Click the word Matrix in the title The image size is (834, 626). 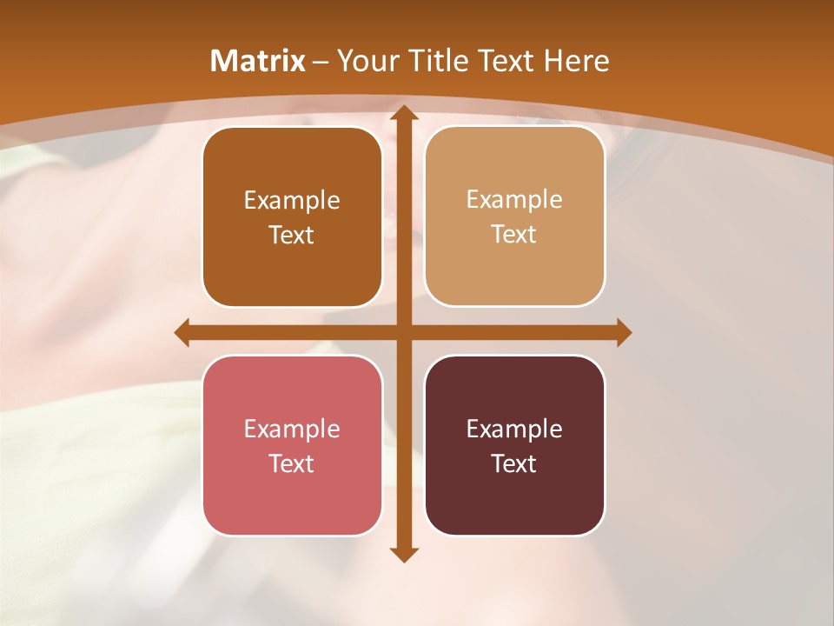pyautogui.click(x=258, y=61)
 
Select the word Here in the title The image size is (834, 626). pyautogui.click(x=576, y=61)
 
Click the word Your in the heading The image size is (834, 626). pyautogui.click(x=364, y=61)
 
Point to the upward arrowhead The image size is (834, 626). pyautogui.click(x=404, y=113)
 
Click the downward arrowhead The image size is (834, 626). pyautogui.click(x=404, y=554)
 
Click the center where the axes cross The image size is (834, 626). pyautogui.click(x=404, y=332)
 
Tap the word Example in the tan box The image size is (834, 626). pyautogui.click(x=514, y=199)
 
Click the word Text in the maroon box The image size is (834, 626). pyautogui.click(x=514, y=463)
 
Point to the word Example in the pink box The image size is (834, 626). pyautogui.click(x=292, y=429)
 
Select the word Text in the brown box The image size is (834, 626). pyautogui.click(x=292, y=235)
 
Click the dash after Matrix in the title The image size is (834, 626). pyautogui.click(x=321, y=62)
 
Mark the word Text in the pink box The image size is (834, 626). pyautogui.click(x=292, y=463)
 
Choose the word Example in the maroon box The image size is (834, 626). pyautogui.click(x=514, y=429)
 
